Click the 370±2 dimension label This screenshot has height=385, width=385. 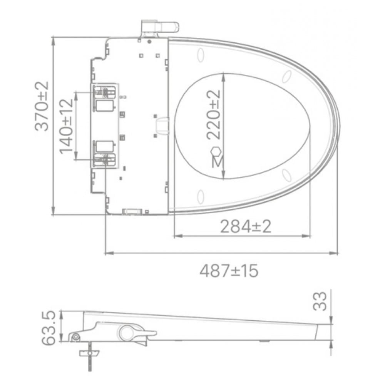42,106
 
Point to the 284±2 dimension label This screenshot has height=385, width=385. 246,226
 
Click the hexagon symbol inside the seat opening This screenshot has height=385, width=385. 217,151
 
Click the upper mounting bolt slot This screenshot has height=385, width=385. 104,92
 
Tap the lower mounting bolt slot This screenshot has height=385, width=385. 104,159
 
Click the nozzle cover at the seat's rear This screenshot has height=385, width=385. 162,126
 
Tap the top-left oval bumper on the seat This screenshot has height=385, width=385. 200,55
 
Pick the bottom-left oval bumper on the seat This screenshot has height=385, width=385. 200,197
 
